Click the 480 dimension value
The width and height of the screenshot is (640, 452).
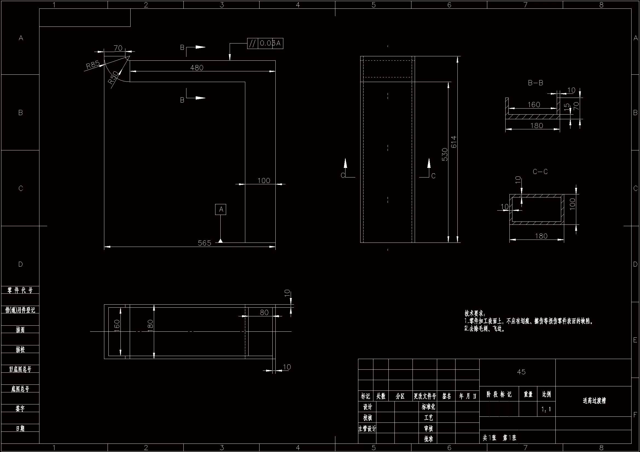coord(197,68)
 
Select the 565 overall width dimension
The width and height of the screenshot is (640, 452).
coord(204,243)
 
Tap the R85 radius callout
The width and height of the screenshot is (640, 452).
coord(93,65)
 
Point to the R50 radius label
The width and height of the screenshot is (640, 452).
coord(113,78)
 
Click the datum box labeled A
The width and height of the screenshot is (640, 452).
coord(221,209)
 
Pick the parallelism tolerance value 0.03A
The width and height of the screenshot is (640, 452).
coord(270,43)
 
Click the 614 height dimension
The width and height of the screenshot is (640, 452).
coord(454,142)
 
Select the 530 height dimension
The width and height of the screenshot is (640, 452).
coord(445,154)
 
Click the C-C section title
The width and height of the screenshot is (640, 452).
coord(540,172)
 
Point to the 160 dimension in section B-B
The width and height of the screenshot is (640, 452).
coord(534,105)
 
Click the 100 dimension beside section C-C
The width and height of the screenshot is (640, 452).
coord(572,204)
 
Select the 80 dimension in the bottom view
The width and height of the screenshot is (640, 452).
coord(264,313)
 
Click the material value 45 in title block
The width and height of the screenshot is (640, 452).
coord(521,372)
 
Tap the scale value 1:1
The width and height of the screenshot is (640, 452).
coord(546,409)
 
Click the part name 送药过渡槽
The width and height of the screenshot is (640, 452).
coord(594,401)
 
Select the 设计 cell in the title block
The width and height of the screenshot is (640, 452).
coord(367,407)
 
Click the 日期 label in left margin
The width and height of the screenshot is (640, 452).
coord(20,428)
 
